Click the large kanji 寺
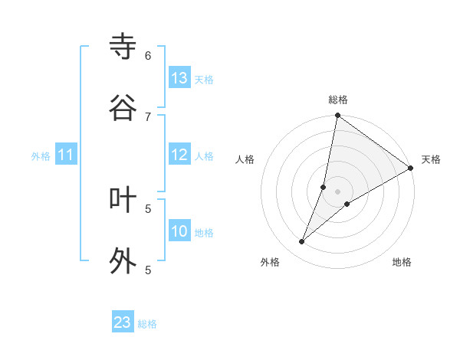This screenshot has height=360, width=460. click(x=123, y=47)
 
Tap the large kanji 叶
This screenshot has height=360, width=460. click(x=123, y=199)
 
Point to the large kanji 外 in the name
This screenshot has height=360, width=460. click(x=123, y=260)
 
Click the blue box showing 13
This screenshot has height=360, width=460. click(x=179, y=78)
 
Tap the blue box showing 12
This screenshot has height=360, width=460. click(x=179, y=155)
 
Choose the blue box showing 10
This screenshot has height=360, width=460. click(x=179, y=231)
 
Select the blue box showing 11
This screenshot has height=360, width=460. click(x=65, y=155)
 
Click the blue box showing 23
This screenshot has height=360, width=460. click(x=123, y=322)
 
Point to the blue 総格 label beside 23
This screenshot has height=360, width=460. click(x=147, y=324)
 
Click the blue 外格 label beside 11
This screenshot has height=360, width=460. click(x=41, y=156)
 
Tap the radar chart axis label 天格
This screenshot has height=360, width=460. click(x=431, y=159)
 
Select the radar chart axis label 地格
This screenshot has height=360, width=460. click(x=402, y=262)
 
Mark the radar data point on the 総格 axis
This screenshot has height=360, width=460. click(x=337, y=116)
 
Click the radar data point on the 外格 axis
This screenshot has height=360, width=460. click(x=302, y=242)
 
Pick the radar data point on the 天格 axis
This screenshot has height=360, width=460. click(x=411, y=169)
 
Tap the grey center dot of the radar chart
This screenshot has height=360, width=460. click(x=337, y=191)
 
